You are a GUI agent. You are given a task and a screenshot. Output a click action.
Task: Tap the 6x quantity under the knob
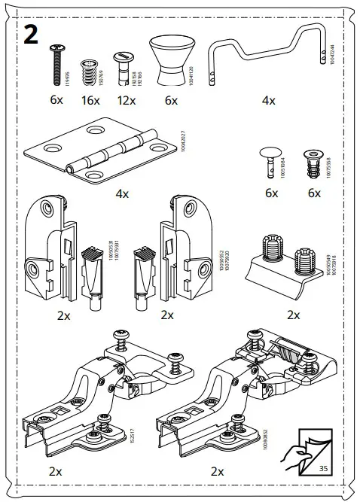click(x=169, y=101)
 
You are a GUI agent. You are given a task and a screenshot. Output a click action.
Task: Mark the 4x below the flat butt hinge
click(x=122, y=193)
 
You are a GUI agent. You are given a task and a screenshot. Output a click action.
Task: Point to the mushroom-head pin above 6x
click(x=271, y=160)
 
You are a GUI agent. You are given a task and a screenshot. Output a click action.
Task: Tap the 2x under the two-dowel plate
click(x=294, y=314)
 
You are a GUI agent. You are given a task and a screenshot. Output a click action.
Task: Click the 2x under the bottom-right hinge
click(x=218, y=472)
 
